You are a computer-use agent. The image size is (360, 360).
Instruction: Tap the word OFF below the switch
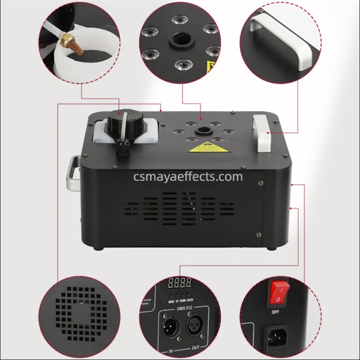pos(275,312)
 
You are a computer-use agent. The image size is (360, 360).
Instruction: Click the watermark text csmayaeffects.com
pos(180,176)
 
